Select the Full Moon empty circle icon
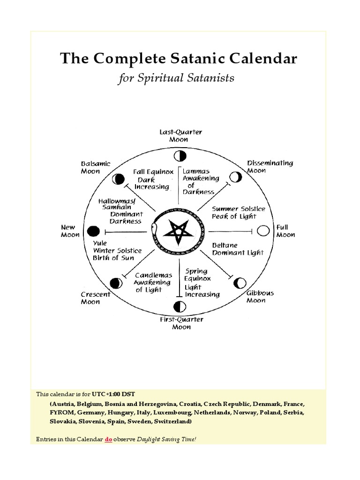click(x=263, y=231)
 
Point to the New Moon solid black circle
click(x=94, y=231)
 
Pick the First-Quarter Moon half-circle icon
click(x=179, y=307)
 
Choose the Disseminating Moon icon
click(x=236, y=177)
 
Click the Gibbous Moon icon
click(x=240, y=283)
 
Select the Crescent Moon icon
click(x=116, y=283)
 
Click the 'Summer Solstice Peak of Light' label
click(x=238, y=212)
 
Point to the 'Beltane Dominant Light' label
click(x=238, y=249)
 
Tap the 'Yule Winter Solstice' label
click(x=116, y=250)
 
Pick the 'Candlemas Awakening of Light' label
click(x=153, y=282)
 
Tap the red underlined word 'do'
click(x=108, y=439)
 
